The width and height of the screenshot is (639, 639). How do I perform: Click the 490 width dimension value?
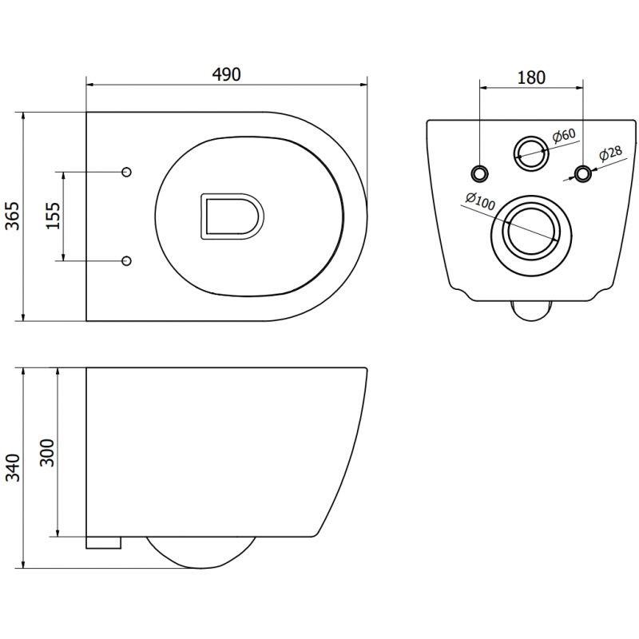(226, 74)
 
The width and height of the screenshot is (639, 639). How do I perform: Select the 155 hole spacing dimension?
(53, 216)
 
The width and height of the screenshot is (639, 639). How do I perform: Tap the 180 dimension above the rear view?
(531, 77)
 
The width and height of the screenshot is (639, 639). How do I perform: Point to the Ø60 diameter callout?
(564, 137)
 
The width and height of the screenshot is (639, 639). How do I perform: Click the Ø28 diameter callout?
(610, 155)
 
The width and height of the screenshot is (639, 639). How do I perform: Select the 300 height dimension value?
(47, 452)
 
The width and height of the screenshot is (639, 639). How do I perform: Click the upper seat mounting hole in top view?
(126, 173)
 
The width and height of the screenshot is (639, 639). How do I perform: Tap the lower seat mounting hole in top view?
(126, 260)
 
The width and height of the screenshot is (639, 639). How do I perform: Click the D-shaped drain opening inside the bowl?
(231, 216)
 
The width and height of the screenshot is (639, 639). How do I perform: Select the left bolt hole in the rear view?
(479, 173)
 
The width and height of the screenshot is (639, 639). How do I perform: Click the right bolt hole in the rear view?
(584, 173)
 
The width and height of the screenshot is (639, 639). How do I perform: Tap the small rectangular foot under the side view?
(103, 542)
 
